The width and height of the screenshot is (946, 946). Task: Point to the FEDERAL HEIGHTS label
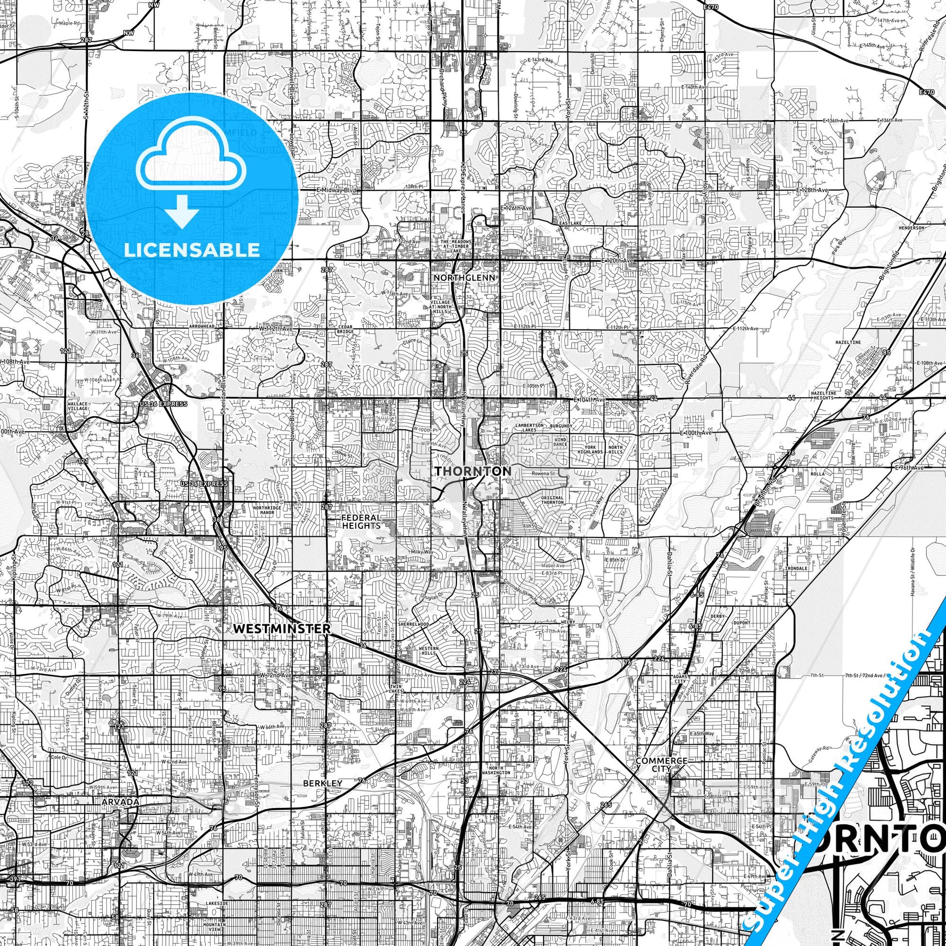click(x=361, y=522)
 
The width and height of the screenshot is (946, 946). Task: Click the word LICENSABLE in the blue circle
click(x=192, y=250)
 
